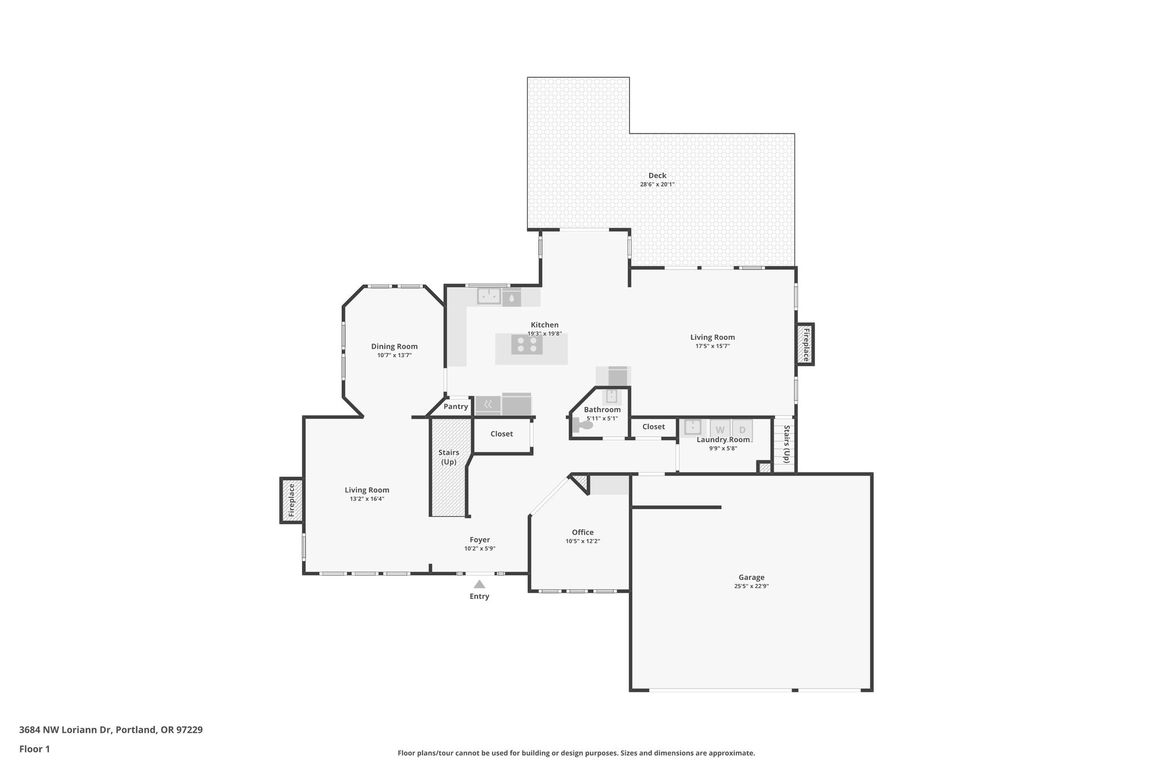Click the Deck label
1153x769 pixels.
657,175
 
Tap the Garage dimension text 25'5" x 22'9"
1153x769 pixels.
751,586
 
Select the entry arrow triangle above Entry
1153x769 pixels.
479,584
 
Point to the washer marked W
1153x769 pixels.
719,429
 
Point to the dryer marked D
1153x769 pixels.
742,429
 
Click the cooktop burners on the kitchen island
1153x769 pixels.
527,344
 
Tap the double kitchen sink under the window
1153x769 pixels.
489,296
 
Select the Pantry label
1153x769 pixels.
455,406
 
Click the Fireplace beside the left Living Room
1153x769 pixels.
292,500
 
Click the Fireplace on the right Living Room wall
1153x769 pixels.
805,344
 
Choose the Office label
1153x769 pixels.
583,532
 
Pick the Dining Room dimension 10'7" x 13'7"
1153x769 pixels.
394,355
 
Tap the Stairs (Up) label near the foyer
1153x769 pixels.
449,457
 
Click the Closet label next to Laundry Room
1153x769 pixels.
653,426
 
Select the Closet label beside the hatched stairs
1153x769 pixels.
501,433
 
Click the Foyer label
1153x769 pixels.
480,539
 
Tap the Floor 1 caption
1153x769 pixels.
34,749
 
